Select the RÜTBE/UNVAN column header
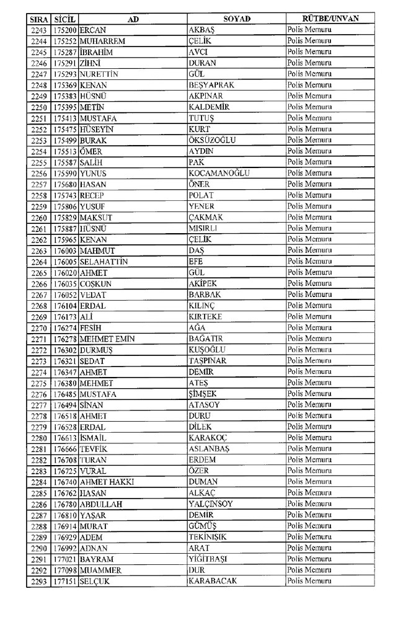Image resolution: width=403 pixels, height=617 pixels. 330,19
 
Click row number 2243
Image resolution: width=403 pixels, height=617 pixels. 38,30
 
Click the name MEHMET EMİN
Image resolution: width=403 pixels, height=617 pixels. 107,339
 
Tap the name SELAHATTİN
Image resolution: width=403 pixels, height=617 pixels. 104,262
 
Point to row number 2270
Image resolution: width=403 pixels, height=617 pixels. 38,327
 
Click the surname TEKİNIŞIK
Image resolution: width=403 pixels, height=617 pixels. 208,537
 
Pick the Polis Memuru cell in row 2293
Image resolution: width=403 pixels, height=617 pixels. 310,581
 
